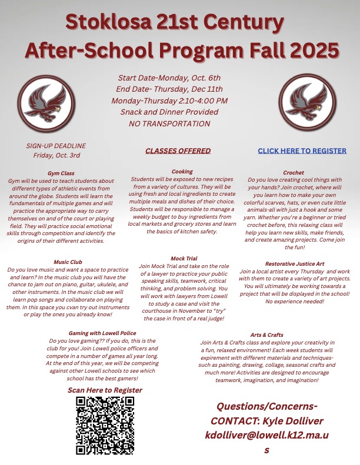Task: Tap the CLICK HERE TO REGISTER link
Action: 302,151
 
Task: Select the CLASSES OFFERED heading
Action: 178,151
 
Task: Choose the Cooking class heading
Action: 182,172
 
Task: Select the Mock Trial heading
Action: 182,258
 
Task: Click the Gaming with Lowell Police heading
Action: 102,333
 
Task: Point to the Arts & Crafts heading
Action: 266,335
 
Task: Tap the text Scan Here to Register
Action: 105,390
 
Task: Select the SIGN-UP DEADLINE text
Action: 56,146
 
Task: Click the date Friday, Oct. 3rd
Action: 56,156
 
